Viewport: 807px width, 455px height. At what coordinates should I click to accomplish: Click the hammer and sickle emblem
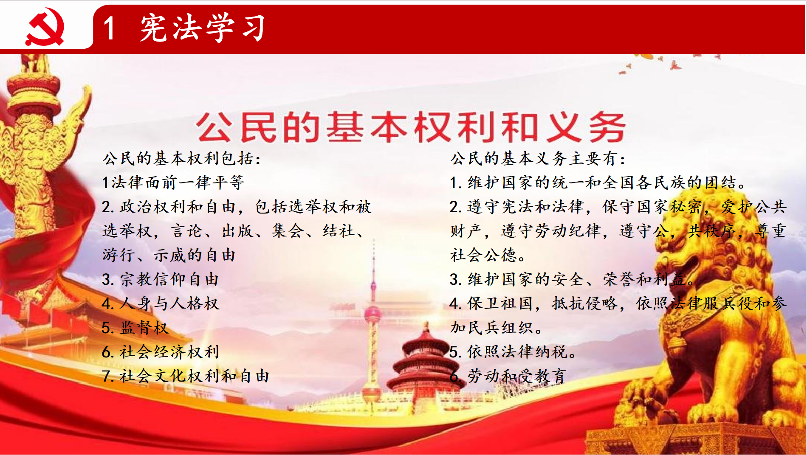(x=45, y=26)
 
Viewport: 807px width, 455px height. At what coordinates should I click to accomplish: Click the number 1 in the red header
(x=109, y=28)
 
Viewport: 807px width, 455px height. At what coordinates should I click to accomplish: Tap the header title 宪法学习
(x=203, y=28)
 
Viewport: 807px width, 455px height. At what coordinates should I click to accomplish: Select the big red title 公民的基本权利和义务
(x=410, y=127)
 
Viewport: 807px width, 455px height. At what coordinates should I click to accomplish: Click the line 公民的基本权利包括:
(x=181, y=158)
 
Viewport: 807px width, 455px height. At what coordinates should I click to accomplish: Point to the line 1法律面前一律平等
(x=173, y=183)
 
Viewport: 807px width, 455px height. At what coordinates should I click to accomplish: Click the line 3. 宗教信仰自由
(x=161, y=279)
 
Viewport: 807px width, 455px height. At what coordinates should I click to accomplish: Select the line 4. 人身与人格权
(x=161, y=303)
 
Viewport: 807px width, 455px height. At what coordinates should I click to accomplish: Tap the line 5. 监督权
(x=135, y=328)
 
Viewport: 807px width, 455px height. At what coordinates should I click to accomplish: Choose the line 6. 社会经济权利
(x=161, y=352)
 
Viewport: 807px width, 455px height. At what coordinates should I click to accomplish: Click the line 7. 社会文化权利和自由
(x=186, y=376)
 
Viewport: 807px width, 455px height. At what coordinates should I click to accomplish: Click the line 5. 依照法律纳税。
(x=513, y=352)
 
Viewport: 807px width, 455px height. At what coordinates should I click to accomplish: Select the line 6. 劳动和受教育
(x=508, y=376)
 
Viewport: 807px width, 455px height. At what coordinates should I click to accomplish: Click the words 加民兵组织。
(x=497, y=328)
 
